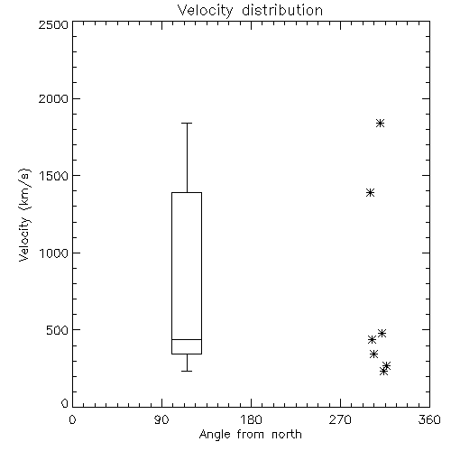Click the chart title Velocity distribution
(250, 10)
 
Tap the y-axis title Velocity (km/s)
(24, 215)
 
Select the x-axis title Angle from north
(250, 435)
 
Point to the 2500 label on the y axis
(53, 24)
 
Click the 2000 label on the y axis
(53, 98)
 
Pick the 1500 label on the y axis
(54, 176)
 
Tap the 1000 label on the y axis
(54, 253)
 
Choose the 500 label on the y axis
(57, 330)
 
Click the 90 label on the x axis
(161, 419)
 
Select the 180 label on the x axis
(251, 419)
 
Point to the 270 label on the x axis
(340, 419)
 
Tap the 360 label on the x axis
(429, 419)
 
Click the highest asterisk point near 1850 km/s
(381, 123)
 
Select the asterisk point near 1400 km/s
(371, 192)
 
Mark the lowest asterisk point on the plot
(383, 372)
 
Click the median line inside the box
(187, 339)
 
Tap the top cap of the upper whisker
(187, 123)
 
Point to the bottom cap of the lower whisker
(187, 371)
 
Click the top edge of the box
(187, 192)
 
